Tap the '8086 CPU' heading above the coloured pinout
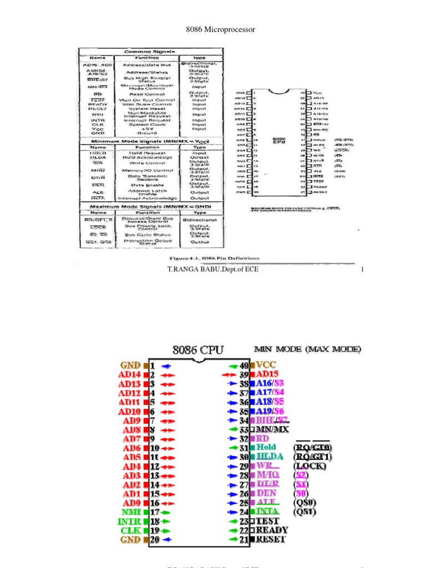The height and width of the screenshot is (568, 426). [x=198, y=349]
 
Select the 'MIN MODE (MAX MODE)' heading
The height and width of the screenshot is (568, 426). [x=307, y=349]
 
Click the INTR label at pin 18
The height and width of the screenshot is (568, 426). [x=129, y=521]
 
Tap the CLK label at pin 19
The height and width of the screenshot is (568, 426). [x=131, y=530]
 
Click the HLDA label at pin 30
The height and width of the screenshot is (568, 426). [x=269, y=457]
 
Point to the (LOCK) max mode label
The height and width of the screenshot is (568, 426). [x=310, y=466]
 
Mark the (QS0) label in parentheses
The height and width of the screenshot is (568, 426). [x=305, y=503]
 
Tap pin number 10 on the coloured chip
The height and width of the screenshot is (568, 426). [x=155, y=448]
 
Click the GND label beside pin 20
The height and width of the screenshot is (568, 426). [x=131, y=539]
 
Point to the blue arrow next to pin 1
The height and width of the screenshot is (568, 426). [x=166, y=366]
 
